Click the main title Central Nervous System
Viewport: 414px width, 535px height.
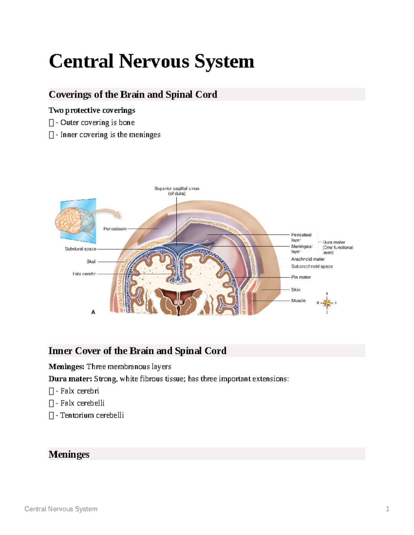pos(151,61)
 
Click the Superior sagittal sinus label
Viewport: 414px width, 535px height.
pos(177,191)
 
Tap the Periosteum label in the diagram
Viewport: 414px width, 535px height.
pos(115,229)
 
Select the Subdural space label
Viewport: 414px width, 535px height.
pos(80,249)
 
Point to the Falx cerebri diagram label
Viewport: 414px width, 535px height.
pos(84,274)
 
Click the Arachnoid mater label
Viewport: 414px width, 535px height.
pos(308,259)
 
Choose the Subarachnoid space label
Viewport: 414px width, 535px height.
pos(312,266)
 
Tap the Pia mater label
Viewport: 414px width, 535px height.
pos(301,277)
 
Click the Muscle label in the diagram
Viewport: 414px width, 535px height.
pos(298,300)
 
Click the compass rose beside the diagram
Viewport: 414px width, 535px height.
pos(327,303)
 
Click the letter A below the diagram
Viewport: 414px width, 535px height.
pos(93,312)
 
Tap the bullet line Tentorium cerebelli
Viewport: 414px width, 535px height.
pos(92,415)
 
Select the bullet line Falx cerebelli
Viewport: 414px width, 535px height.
pos(82,403)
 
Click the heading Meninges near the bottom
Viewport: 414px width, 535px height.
pos(69,454)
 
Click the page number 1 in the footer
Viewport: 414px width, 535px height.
pos(387,509)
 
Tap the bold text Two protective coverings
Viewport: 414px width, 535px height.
pos(92,110)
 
